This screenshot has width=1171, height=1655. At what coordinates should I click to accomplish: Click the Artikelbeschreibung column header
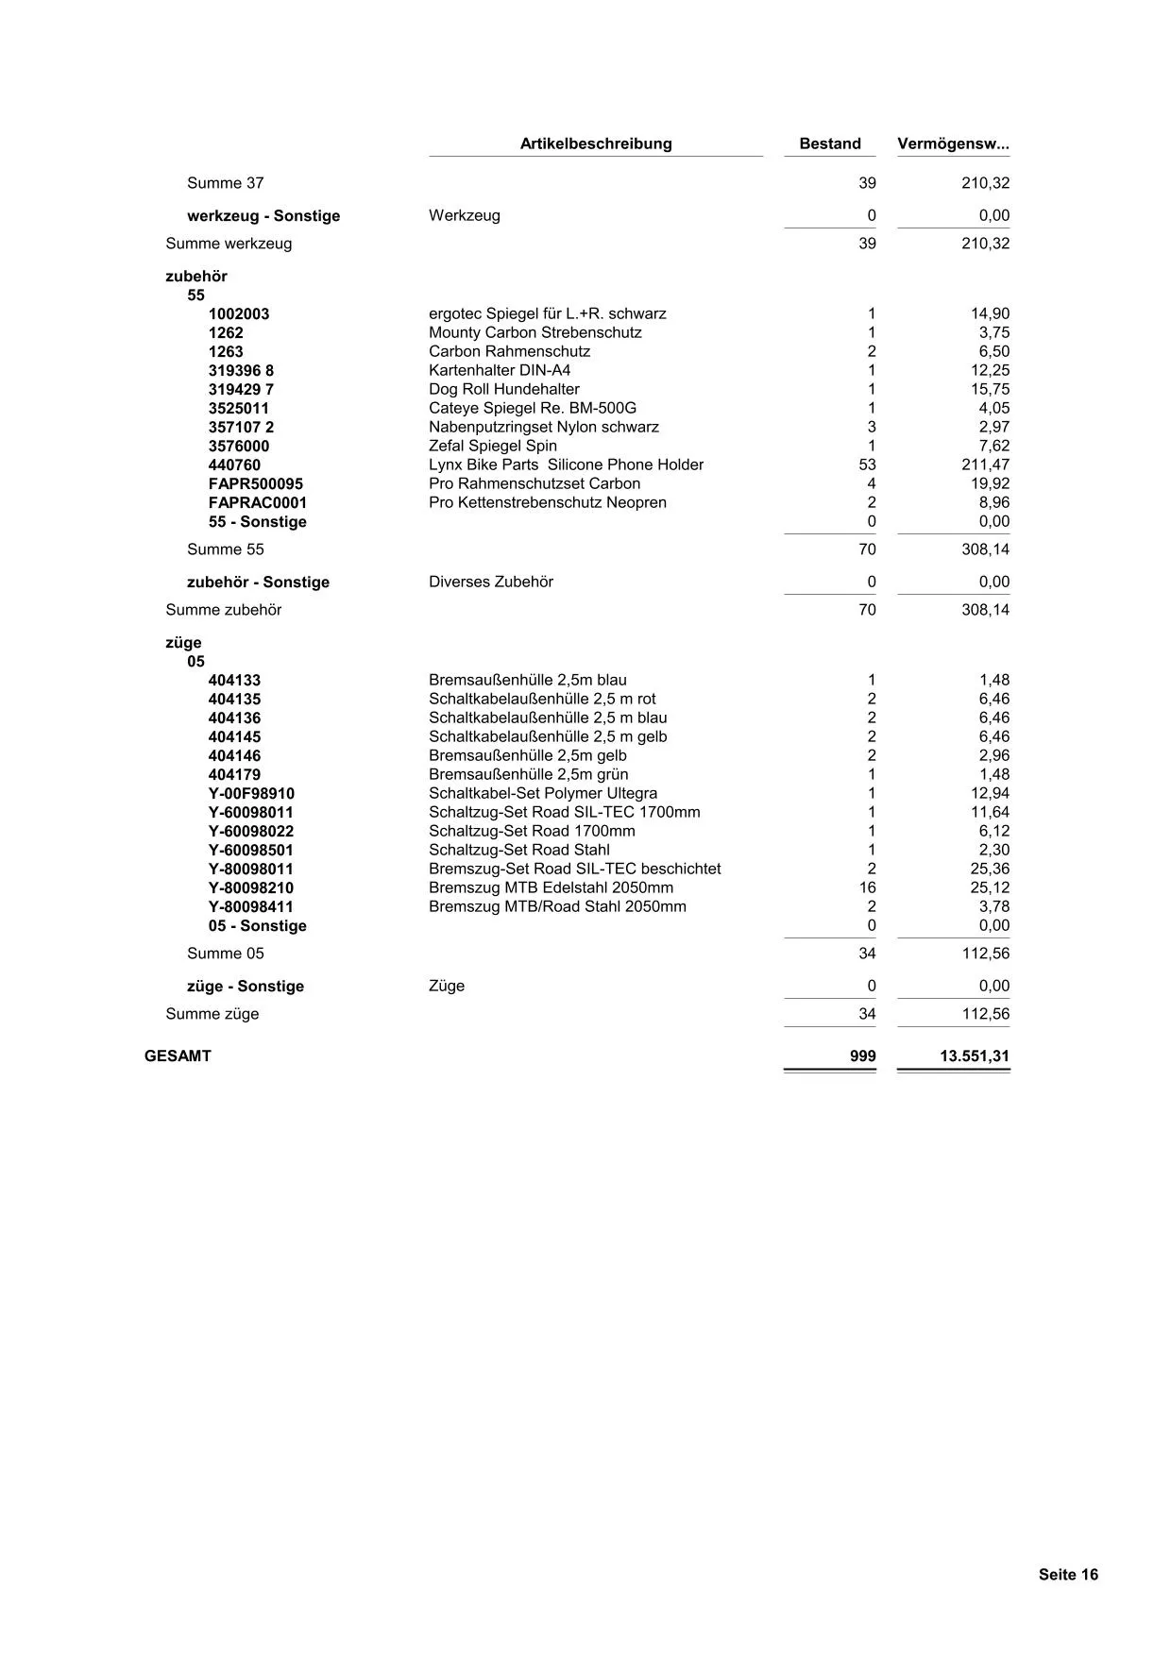pos(596,144)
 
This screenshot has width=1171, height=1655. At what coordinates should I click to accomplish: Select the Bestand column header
pos(829,144)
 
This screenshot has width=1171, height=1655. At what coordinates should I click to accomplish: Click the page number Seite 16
pos(1068,1574)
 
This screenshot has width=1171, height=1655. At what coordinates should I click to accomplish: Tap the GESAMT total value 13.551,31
pos(974,1055)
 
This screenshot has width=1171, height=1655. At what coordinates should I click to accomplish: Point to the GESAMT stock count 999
pos(862,1055)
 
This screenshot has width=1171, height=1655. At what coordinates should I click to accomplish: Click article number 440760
pos(234,464)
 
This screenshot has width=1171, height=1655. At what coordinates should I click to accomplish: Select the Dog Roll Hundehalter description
pos(503,389)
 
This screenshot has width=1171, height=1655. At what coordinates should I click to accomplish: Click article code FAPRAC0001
pos(257,502)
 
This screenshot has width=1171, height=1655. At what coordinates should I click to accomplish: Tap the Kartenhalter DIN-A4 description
pos(499,370)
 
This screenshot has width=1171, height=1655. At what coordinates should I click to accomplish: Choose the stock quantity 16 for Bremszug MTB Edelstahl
pos(867,887)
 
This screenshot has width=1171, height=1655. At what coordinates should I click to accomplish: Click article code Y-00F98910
pos(250,793)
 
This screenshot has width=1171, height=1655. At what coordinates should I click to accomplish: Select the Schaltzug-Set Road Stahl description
pos(518,850)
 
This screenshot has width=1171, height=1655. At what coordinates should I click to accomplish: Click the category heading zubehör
pos(196,276)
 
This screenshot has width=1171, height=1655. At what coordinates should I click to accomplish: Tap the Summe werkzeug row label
pos(229,244)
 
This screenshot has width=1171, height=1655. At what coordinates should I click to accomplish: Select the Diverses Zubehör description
pos(490,582)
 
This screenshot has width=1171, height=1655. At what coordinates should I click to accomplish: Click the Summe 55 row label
pos(226,549)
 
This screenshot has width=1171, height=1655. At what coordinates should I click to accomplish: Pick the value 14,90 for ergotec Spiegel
pos(990,313)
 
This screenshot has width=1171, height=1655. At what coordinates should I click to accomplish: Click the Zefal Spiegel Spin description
pos(492,446)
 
